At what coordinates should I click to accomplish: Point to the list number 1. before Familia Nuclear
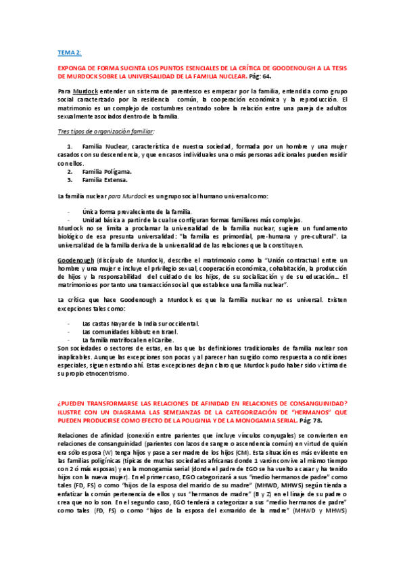pos(70,146)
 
